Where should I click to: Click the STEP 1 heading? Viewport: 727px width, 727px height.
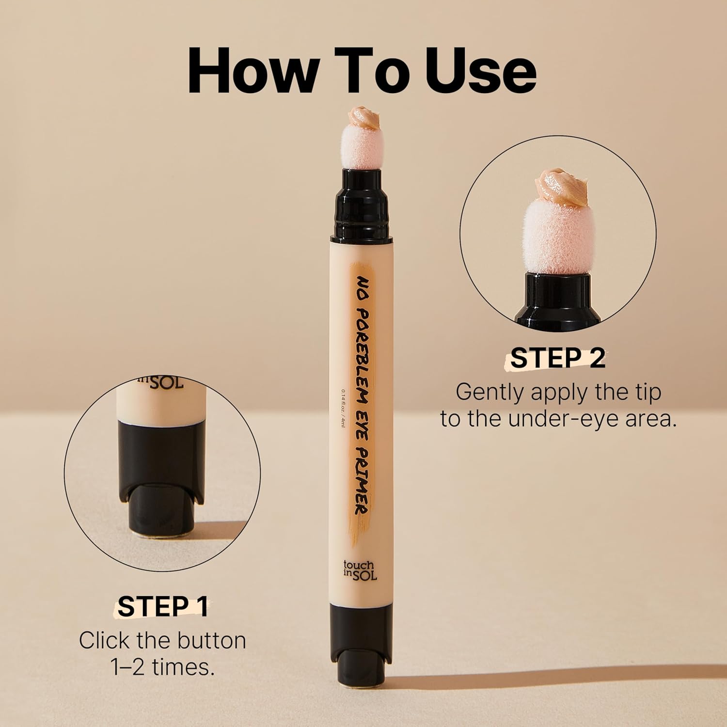(x=162, y=606)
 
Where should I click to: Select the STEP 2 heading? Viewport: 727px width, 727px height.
(x=558, y=359)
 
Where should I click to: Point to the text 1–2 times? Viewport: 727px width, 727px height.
(x=162, y=667)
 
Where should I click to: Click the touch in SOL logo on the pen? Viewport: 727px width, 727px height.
(x=358, y=570)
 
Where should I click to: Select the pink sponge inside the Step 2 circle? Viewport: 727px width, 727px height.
(x=557, y=237)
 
